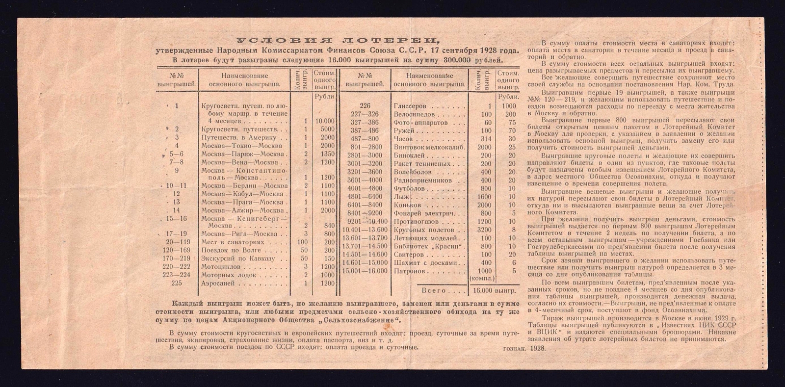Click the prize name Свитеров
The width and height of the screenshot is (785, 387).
click(409, 255)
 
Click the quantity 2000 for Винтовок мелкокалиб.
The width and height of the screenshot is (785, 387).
click(484, 147)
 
